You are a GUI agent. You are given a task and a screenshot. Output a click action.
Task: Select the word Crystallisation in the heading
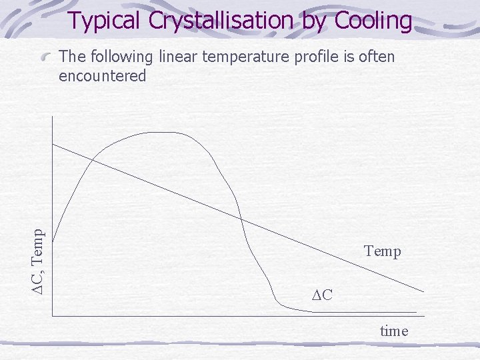(x=221, y=21)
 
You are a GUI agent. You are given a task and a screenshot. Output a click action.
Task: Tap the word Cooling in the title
(x=373, y=21)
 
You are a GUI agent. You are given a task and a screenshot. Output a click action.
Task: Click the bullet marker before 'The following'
(x=47, y=58)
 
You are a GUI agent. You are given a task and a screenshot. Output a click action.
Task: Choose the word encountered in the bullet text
(x=102, y=76)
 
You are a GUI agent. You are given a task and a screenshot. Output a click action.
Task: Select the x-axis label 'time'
(x=394, y=331)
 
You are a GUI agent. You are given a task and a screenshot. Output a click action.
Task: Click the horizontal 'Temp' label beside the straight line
(x=383, y=251)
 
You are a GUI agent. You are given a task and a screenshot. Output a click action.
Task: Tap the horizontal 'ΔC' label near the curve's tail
(x=322, y=294)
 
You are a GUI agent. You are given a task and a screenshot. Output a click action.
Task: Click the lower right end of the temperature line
(x=423, y=291)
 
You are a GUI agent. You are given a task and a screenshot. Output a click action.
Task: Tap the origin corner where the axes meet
(x=53, y=312)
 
